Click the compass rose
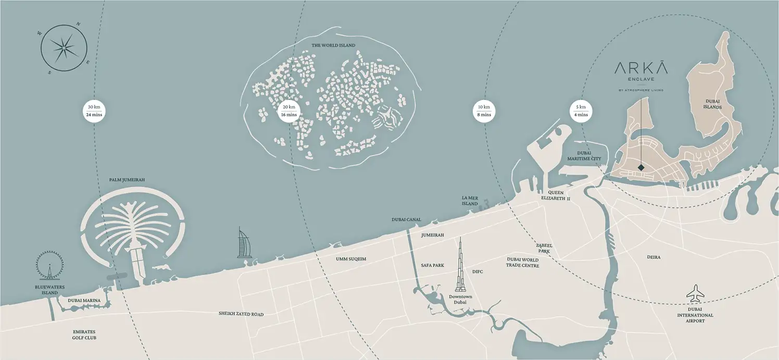tap(63, 49)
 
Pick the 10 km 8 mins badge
tap(484, 110)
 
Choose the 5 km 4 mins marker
tap(581, 110)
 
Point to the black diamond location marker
tap(641, 167)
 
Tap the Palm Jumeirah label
tap(127, 180)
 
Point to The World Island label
tap(333, 45)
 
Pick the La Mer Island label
tap(470, 201)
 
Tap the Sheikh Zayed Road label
tap(241, 314)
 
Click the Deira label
tap(654, 257)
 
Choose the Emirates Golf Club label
tap(84, 334)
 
